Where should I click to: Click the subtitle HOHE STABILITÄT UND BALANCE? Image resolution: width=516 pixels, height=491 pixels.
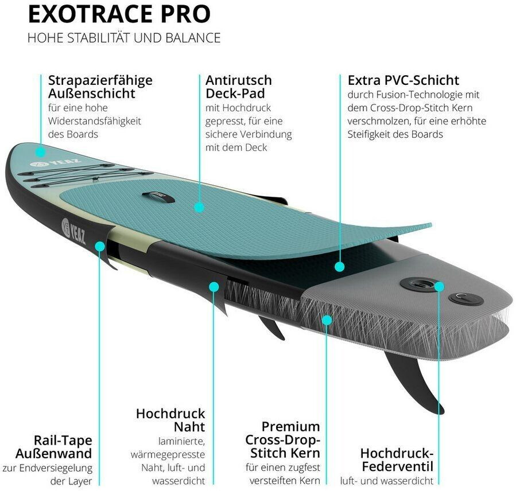pos(123,38)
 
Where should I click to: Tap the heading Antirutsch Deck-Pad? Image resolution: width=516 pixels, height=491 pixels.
pos(238,86)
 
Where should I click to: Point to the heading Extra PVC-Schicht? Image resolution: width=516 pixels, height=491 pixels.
pos(403,80)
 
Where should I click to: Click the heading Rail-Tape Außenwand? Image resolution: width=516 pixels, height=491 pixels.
pos(63,447)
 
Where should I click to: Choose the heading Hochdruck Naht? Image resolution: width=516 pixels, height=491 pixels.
pos(170,420)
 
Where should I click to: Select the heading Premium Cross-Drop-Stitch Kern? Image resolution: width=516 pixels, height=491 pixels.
pos(282,440)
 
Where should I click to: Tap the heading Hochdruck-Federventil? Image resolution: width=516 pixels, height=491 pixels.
pos(397,459)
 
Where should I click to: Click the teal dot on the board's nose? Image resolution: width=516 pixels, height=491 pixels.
pos(40,152)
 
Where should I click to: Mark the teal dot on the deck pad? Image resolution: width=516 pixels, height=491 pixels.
pos(199,206)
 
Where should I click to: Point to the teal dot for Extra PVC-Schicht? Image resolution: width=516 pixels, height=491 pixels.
pos(339,267)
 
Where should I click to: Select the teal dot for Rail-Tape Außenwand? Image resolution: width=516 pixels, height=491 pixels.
pos(100,246)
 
